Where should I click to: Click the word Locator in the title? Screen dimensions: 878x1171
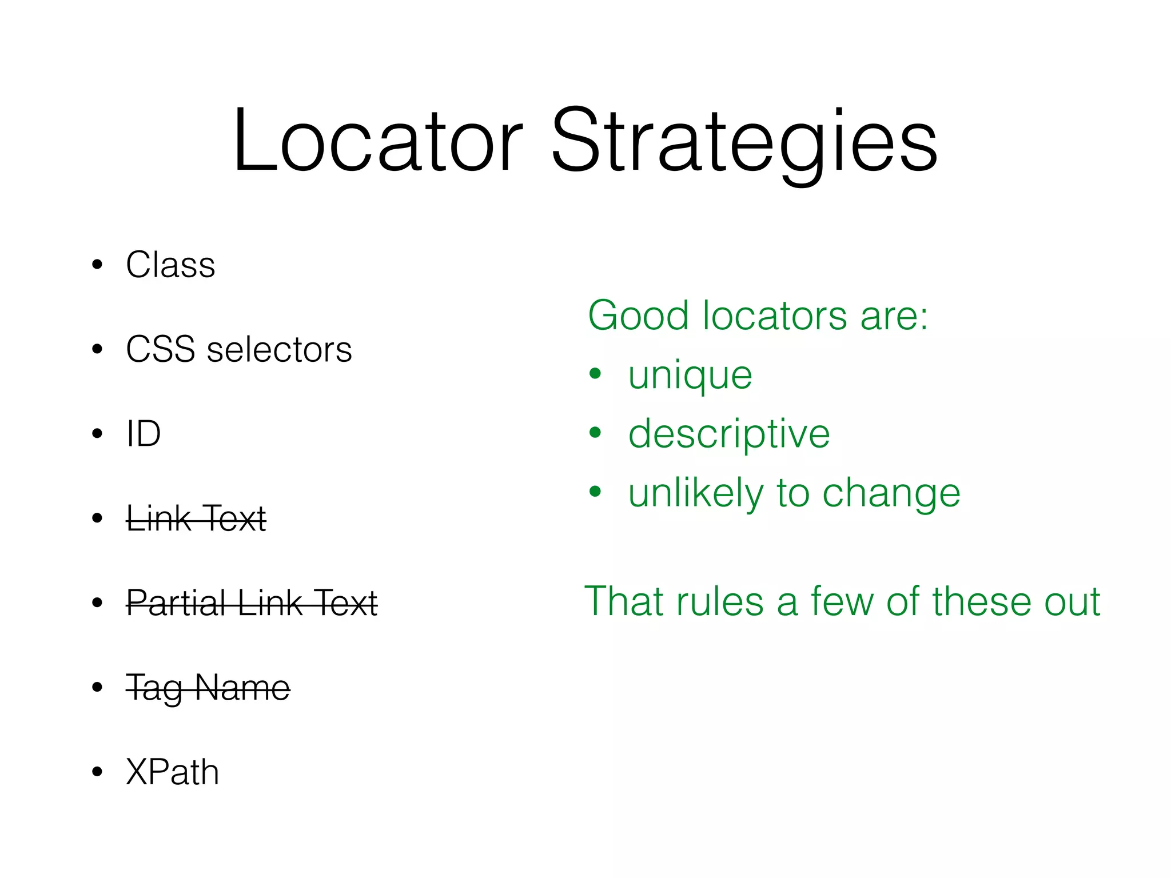coord(377,141)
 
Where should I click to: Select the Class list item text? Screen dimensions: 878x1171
coord(170,265)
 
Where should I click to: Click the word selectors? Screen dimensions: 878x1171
coord(279,349)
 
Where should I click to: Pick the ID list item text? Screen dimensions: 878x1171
coord(144,434)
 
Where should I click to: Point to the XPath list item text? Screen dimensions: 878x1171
coord(172,772)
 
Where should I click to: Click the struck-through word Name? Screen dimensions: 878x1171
coord(242,688)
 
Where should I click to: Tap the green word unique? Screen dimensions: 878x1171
coord(690,377)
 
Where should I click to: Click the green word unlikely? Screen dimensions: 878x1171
coord(695,493)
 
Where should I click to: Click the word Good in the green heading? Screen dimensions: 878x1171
coord(638,316)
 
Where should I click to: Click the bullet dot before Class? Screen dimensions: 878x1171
coord(97,265)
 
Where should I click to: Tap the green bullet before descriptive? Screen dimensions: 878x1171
coord(595,432)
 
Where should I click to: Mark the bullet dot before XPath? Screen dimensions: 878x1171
coord(97,772)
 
